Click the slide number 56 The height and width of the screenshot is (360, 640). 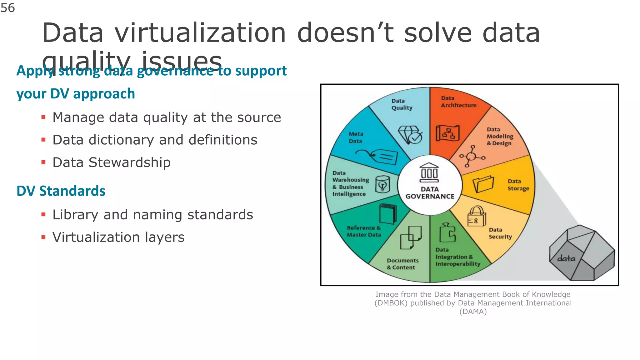(8, 8)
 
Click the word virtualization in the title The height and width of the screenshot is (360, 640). (200, 33)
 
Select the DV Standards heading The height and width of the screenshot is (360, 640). (61, 191)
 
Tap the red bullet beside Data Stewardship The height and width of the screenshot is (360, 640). (43, 162)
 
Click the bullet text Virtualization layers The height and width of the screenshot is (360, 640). (118, 237)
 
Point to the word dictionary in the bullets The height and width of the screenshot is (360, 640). (121, 140)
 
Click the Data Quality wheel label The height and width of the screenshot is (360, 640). (402, 104)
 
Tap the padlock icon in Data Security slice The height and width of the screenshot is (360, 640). (477, 216)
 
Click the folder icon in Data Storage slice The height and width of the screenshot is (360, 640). (483, 184)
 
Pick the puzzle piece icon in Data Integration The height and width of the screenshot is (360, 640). (447, 233)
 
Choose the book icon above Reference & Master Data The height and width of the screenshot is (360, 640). (387, 214)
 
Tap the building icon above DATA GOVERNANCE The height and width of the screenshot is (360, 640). (429, 173)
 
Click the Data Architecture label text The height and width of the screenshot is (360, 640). (458, 102)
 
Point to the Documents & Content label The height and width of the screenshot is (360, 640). (402, 264)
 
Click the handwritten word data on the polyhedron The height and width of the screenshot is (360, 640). (566, 258)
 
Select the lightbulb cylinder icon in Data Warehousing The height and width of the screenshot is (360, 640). (382, 184)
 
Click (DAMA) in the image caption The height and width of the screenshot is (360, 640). (473, 312)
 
